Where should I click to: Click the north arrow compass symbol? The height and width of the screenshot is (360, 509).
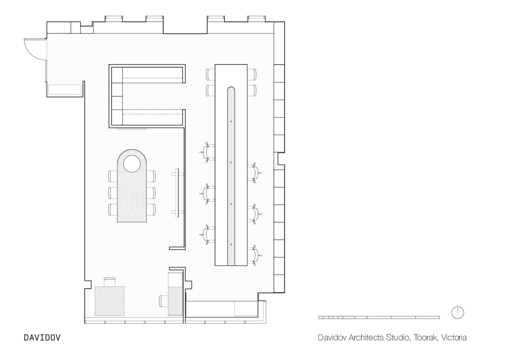[458, 312]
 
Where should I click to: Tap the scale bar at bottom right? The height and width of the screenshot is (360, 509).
[379, 317]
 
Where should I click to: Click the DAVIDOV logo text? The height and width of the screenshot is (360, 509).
[42, 338]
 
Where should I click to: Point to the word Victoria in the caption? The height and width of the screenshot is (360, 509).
[454, 338]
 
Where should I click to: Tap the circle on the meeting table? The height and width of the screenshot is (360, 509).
[132, 163]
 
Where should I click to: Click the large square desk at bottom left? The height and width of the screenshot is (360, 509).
[109, 301]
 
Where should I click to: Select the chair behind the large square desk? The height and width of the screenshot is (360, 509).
[109, 281]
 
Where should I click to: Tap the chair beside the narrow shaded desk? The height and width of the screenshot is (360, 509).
[163, 301]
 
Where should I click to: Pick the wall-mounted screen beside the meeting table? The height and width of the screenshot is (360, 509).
[178, 192]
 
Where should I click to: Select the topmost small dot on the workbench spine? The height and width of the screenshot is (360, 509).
[231, 121]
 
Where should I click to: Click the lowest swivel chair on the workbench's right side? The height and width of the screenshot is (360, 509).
[255, 255]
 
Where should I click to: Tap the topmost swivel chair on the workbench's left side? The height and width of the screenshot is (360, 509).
[208, 152]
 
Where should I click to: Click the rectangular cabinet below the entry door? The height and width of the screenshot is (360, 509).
[64, 90]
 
